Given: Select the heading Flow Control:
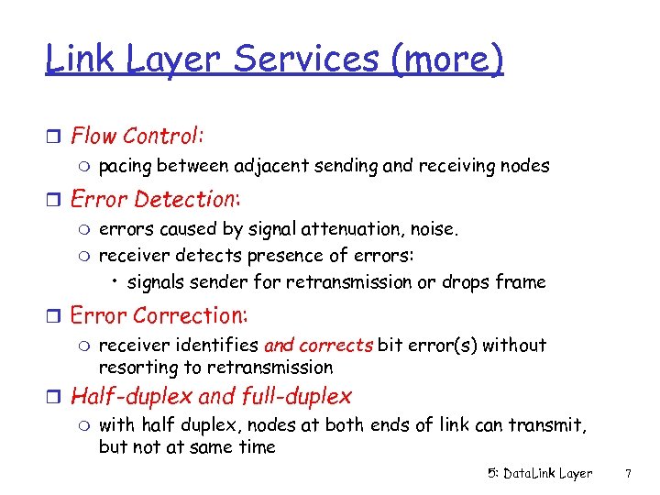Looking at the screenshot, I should [x=137, y=137].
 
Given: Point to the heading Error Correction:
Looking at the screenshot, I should [x=159, y=315].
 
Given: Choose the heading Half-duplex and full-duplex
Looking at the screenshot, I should [x=211, y=396].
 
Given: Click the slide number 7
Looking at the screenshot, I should [x=628, y=473].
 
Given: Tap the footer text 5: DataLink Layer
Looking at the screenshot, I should [x=540, y=473].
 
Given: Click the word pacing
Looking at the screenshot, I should [x=125, y=167].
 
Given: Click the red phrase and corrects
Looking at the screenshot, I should [x=318, y=346].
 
